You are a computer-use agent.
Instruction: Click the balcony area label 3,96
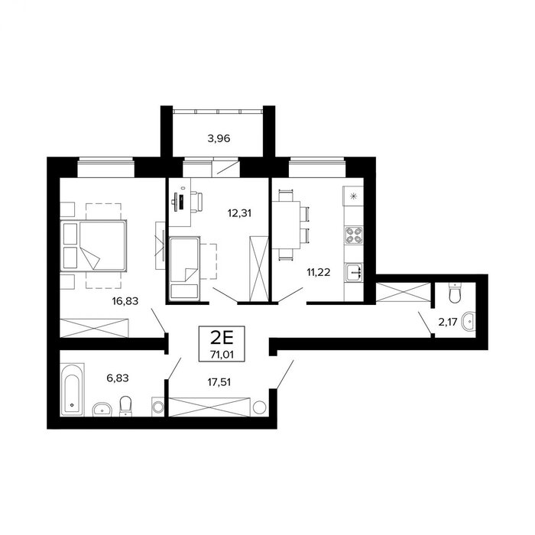click(219, 138)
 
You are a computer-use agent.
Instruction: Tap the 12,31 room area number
click(239, 213)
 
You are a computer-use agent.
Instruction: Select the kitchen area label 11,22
click(319, 272)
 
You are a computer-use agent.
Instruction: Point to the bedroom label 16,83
click(125, 301)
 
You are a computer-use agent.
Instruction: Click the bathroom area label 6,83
click(118, 378)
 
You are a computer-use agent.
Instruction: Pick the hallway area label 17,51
click(219, 382)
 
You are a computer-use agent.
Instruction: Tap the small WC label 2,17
click(447, 322)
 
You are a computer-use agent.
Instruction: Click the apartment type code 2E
click(222, 338)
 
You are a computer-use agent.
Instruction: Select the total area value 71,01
click(222, 355)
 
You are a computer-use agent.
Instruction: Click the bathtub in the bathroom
click(72, 390)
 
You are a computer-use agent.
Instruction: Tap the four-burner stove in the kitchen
click(353, 235)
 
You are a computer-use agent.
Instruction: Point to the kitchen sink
click(354, 273)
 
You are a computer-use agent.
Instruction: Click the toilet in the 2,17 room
click(455, 293)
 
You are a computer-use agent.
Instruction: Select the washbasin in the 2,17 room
click(468, 322)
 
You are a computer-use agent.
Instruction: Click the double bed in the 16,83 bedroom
click(93, 245)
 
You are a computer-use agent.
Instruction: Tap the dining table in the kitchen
click(286, 225)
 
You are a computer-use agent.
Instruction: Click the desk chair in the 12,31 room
click(197, 202)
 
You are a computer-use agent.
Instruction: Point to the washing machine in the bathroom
click(158, 407)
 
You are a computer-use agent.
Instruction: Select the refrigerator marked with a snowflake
click(353, 196)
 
